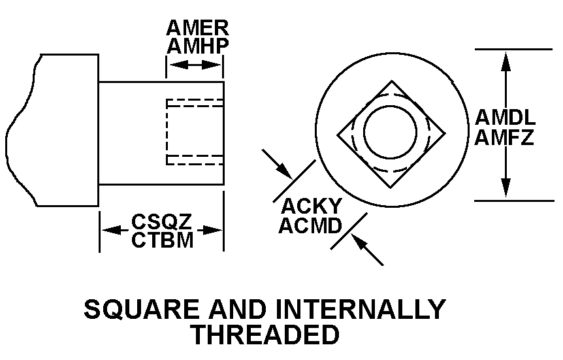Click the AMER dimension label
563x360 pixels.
pos(197,28)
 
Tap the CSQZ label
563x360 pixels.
pos(161,223)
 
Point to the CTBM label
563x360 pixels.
pos(162,240)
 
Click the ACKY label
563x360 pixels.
pos(312,206)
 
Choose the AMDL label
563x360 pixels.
pos(506,118)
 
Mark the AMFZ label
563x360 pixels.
pos(505,138)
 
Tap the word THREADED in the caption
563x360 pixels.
pos(265,335)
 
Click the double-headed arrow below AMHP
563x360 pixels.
pos(195,65)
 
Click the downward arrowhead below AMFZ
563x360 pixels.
pos(505,190)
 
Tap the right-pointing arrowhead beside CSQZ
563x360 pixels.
pos(212,230)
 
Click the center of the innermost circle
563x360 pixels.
pos(390,133)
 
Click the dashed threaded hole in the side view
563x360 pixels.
pos(194,132)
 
